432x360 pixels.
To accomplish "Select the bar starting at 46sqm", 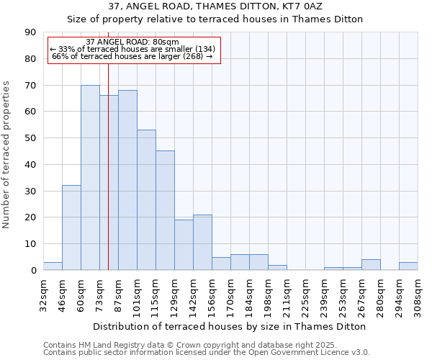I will coord(71,228).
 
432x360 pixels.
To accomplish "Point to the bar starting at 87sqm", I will coord(127,180).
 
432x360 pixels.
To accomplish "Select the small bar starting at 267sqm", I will coord(371,265).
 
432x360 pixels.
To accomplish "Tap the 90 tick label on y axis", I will coord(30,32).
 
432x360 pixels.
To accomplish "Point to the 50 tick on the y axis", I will coord(30,138).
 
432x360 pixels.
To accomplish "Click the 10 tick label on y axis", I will coord(30,244).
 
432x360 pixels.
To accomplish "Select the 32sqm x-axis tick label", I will coord(43,292).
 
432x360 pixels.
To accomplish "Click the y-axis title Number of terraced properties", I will coord(6,155).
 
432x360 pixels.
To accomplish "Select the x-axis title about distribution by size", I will coord(230,326).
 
